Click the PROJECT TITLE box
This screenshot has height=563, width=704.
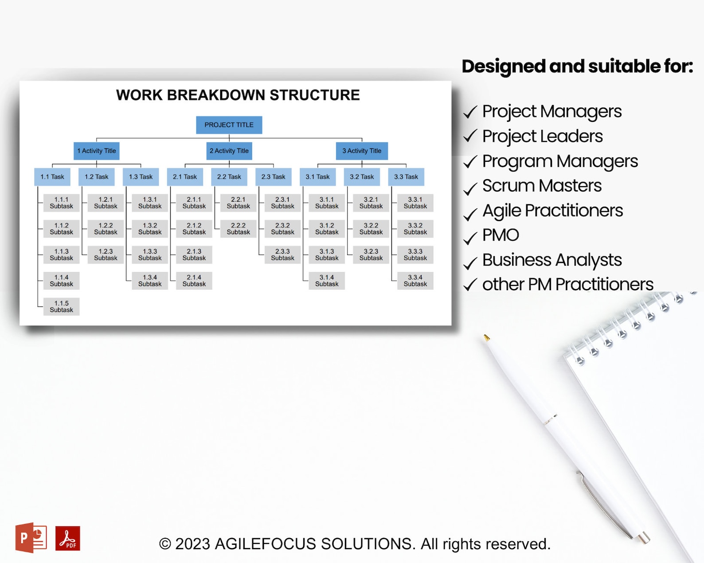click(229, 125)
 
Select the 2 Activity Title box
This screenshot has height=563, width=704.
click(229, 151)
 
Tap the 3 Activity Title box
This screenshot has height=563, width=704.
click(362, 151)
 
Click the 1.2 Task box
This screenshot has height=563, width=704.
click(96, 177)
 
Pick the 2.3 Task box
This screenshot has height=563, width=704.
click(273, 177)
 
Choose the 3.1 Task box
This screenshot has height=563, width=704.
click(317, 177)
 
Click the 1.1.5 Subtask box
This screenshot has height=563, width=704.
click(61, 307)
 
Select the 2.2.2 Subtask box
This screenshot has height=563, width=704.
click(238, 229)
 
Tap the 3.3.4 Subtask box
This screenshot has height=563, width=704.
click(415, 281)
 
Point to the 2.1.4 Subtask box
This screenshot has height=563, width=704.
click(194, 281)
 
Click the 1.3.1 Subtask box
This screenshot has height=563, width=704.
click(150, 203)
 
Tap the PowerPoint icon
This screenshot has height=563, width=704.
click(31, 538)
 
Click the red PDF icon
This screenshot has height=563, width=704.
click(68, 538)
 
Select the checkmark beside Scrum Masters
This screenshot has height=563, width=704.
click(470, 188)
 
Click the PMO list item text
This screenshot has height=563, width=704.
click(501, 235)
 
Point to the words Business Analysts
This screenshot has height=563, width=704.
click(552, 260)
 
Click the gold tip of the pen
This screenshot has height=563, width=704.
click(486, 338)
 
